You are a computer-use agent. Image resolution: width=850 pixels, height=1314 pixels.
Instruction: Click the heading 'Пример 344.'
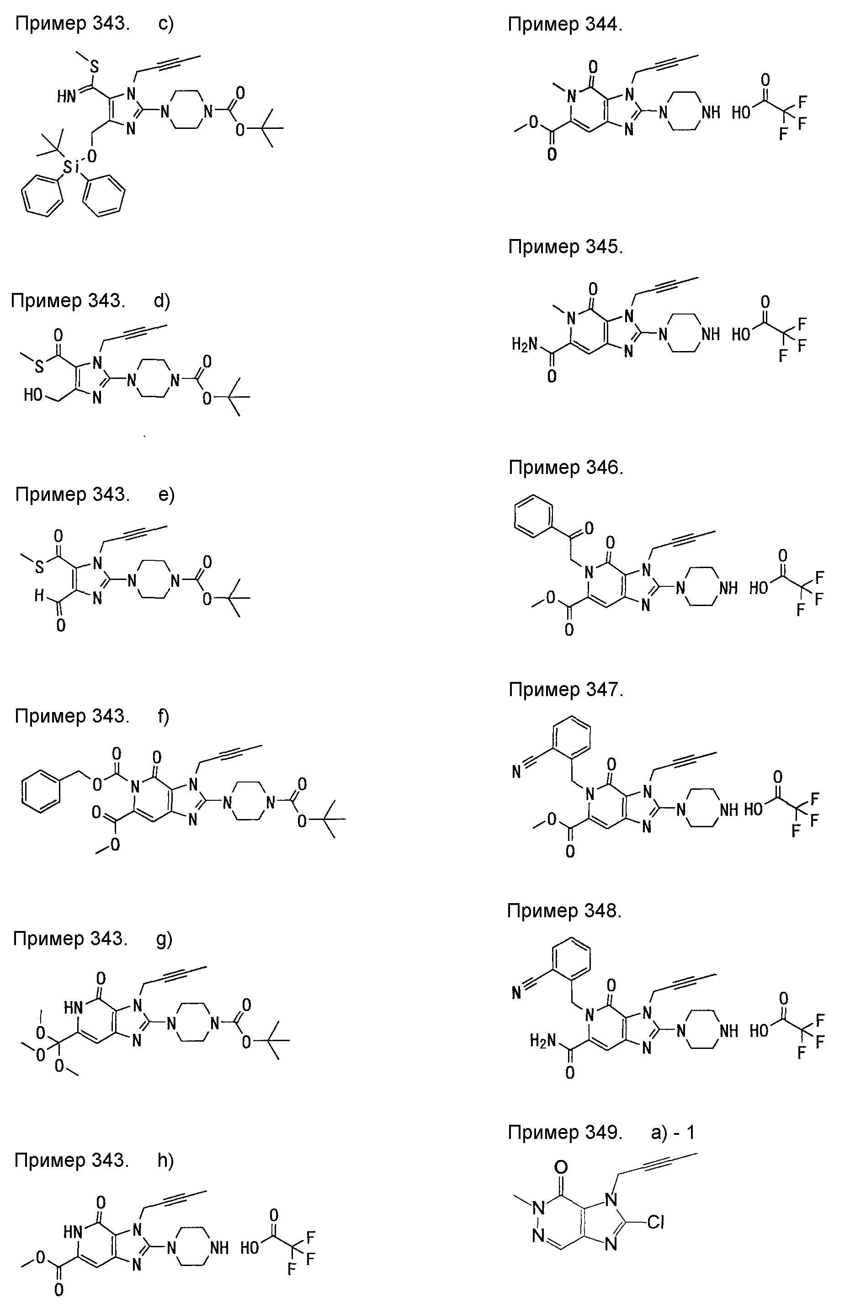coord(565,25)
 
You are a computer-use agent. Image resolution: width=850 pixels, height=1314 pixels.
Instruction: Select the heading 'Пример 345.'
coord(565,247)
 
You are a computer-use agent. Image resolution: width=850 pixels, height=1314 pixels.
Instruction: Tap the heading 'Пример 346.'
coord(566,468)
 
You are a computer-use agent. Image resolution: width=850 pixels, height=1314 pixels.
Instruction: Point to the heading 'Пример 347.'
coord(566,690)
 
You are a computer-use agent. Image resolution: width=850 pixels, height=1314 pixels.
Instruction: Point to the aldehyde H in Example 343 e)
coord(39,595)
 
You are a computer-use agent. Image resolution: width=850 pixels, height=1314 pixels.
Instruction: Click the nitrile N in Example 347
coord(516,771)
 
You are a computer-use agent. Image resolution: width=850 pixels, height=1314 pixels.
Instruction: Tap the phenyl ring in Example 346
coord(533,516)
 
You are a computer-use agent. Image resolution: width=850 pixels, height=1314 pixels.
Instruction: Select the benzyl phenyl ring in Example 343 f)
coord(42,793)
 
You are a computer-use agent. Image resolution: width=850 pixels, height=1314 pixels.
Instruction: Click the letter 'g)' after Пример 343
coord(165,939)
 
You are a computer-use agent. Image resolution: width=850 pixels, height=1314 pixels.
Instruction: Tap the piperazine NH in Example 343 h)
coord(218,1248)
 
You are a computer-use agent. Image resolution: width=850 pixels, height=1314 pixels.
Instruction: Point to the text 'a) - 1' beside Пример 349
coord(673,1133)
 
